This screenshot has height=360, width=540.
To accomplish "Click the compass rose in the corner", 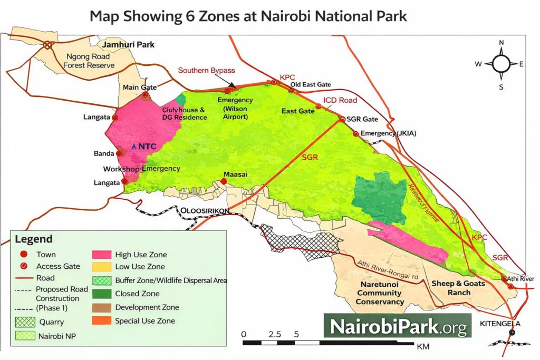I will point(501,64).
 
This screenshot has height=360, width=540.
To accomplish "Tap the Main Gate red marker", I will point(145,95).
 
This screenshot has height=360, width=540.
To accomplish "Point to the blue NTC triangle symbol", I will point(134,146).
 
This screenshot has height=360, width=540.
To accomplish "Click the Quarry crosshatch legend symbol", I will point(25,322).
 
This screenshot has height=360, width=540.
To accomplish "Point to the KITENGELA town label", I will point(506,323).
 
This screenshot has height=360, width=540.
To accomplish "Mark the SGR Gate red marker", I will point(343,120).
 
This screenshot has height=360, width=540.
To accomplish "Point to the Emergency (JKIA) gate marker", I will point(356,134).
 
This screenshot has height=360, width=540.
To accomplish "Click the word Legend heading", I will point(33,239).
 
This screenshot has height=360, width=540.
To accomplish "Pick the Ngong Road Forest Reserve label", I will point(89,61).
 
